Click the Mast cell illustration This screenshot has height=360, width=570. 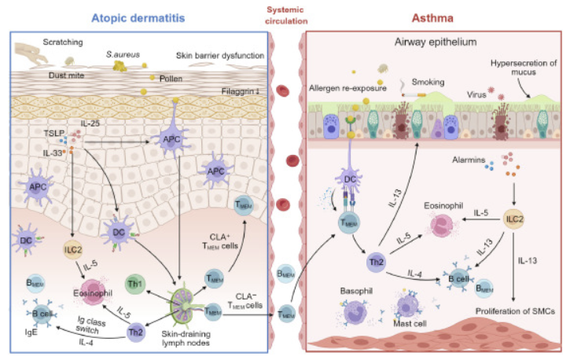(414, 304)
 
